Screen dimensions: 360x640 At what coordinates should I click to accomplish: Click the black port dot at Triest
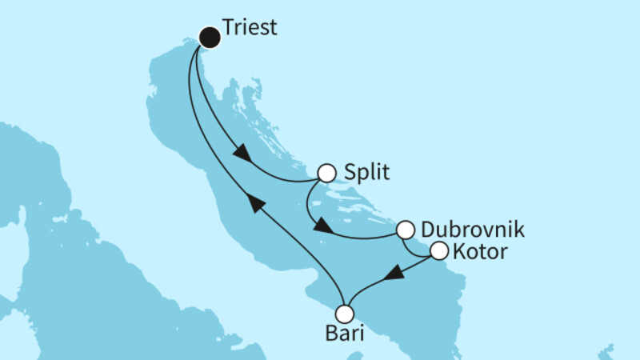pyautogui.click(x=210, y=36)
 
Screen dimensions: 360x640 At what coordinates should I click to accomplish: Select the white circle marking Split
pyautogui.click(x=326, y=173)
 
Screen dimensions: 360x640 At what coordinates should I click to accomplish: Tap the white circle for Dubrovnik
pyautogui.click(x=406, y=230)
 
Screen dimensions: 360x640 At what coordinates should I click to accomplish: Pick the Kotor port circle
pyautogui.click(x=439, y=251)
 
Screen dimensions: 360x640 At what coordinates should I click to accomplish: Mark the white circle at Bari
pyautogui.click(x=345, y=313)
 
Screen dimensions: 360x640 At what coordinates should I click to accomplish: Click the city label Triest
pyautogui.click(x=250, y=28)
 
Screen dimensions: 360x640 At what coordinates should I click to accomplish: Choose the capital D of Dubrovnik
pyautogui.click(x=426, y=230)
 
